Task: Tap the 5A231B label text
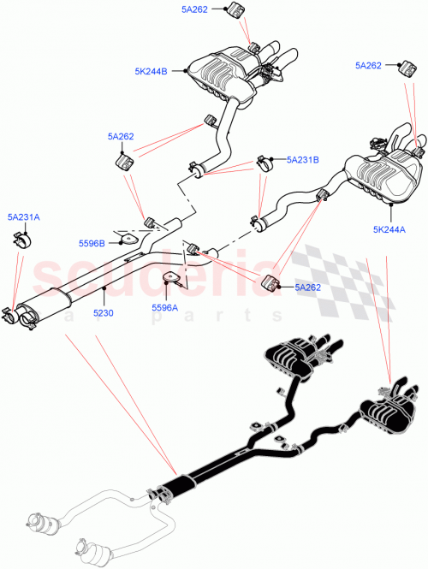click(302, 159)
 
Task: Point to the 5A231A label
click(23, 217)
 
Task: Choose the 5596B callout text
click(91, 244)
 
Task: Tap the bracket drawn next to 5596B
click(124, 241)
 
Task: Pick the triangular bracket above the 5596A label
click(174, 279)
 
